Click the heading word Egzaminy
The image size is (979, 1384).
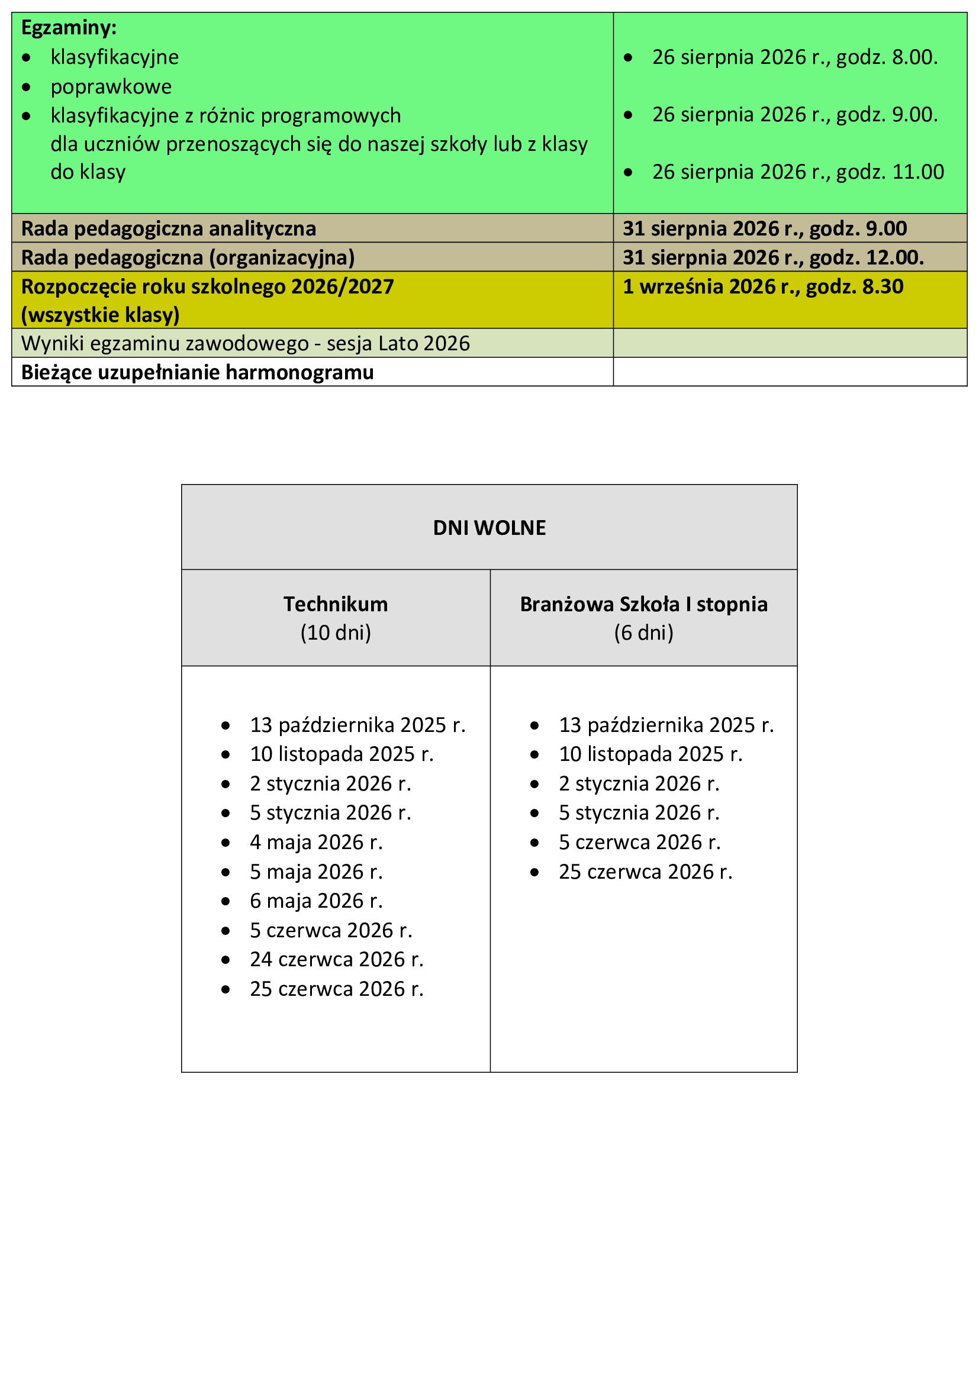(x=69, y=28)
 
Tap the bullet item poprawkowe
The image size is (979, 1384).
(x=111, y=87)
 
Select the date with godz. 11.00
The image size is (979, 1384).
(x=797, y=172)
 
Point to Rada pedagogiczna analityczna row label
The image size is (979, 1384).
(x=168, y=228)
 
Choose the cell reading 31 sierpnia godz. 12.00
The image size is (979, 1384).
(x=773, y=257)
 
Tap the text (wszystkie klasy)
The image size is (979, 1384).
(x=100, y=315)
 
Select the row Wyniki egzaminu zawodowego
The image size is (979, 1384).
(x=245, y=344)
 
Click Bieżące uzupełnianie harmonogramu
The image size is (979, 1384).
(x=197, y=373)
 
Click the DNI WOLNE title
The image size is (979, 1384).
(x=489, y=527)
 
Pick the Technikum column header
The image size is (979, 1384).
(x=335, y=604)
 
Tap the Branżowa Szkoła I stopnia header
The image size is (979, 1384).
(x=643, y=604)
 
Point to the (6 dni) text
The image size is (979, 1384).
(x=643, y=633)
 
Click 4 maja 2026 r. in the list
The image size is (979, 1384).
(x=316, y=842)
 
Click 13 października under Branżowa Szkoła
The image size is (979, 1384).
(x=665, y=725)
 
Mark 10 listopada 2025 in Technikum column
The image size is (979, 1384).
(x=341, y=754)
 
